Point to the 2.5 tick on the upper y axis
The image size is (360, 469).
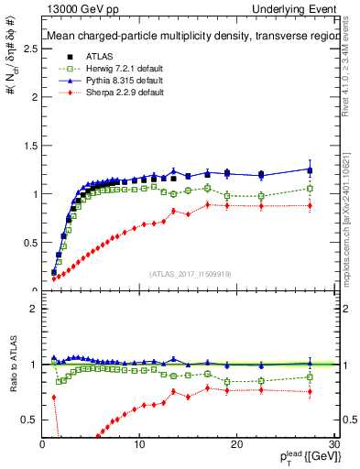click(30, 49)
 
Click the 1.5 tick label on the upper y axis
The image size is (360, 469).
click(30, 146)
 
